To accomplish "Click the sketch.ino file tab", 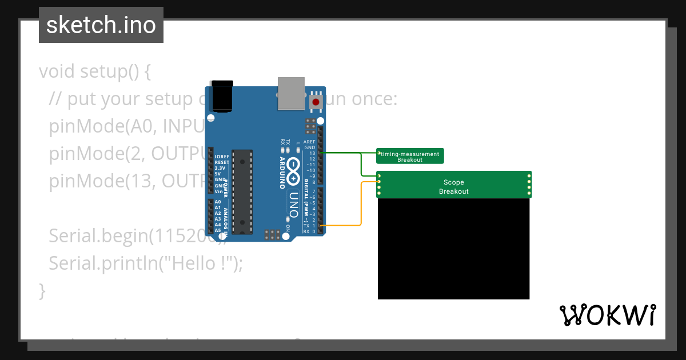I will [101, 25].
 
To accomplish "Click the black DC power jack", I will [222, 95].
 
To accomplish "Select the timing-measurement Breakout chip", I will [410, 156].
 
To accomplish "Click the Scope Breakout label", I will [453, 187].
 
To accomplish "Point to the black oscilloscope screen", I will [453, 249].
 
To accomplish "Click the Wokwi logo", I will [607, 315].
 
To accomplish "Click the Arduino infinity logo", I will [293, 170].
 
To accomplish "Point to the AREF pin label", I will [309, 142].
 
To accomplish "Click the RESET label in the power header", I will [221, 162].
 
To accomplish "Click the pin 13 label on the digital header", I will [312, 153].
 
